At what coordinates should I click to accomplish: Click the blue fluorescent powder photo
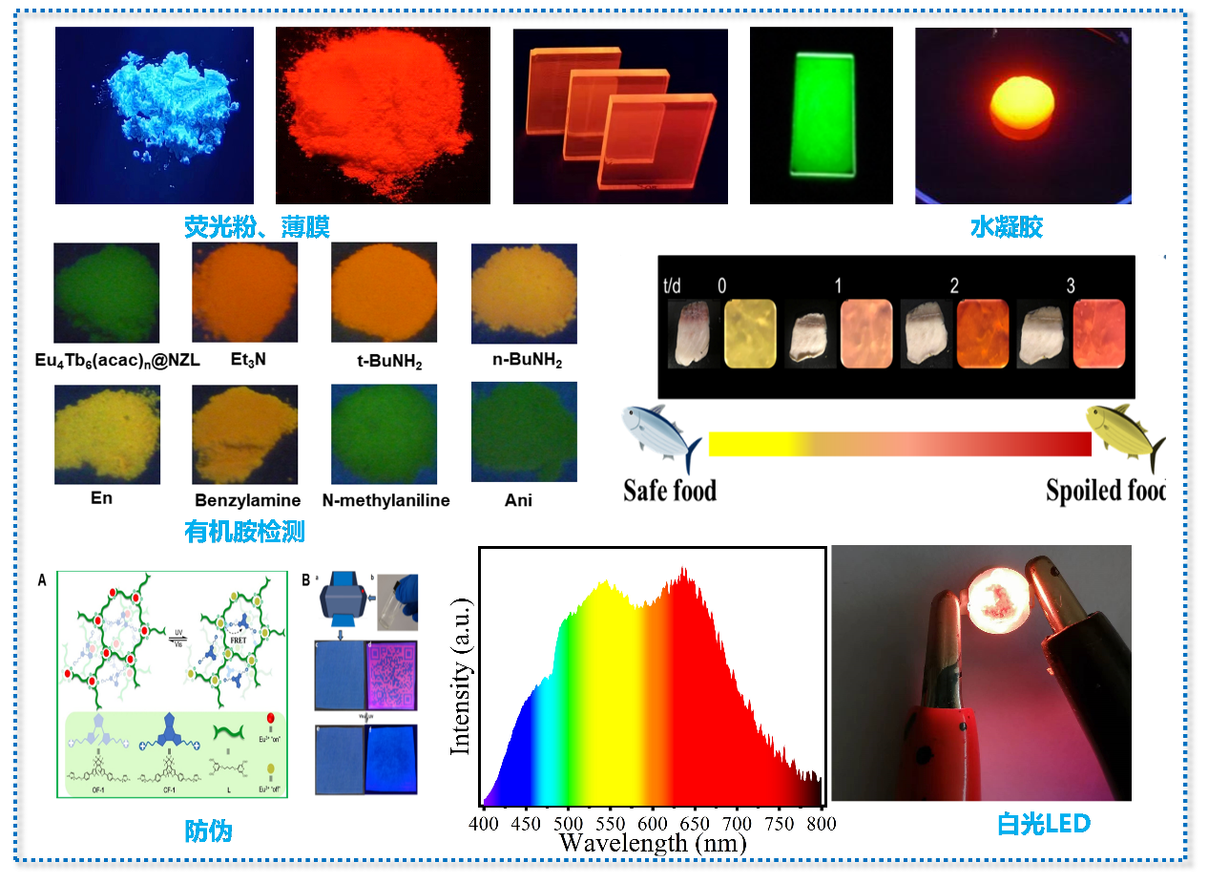(155, 115)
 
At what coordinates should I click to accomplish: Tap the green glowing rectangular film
(821, 114)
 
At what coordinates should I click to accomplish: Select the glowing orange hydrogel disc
(1021, 107)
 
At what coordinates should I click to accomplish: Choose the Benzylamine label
(247, 500)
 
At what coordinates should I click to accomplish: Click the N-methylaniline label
(385, 500)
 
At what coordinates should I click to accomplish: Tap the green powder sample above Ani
(524, 431)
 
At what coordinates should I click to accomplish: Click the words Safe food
(670, 492)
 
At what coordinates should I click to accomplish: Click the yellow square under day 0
(751, 332)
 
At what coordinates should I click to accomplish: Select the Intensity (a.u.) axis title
(462, 675)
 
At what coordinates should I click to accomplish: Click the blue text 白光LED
(1043, 824)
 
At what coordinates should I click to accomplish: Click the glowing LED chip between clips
(994, 598)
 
